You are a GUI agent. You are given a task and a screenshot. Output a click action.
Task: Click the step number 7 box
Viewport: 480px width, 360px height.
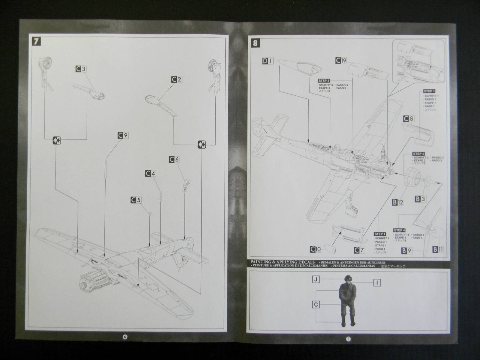coord(36,41)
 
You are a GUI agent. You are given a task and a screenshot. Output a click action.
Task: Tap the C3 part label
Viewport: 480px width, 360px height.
coord(81,69)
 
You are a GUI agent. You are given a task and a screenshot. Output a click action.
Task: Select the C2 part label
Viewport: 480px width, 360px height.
coord(177,79)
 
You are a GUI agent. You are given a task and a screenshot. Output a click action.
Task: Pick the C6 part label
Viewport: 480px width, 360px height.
coord(174,159)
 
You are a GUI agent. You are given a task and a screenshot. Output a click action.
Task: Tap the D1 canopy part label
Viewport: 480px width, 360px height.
coord(267,61)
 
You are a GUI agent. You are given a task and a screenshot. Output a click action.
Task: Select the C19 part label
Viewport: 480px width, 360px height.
coord(341,61)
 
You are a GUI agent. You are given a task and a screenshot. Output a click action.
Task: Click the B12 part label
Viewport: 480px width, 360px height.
coord(398,202)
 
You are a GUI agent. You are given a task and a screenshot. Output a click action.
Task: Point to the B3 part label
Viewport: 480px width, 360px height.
coord(420,198)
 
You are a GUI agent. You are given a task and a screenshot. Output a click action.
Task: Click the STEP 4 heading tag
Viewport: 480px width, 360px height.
coord(400,230)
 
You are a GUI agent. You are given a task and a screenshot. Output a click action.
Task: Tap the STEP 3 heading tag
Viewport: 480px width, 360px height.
coord(324,81)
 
